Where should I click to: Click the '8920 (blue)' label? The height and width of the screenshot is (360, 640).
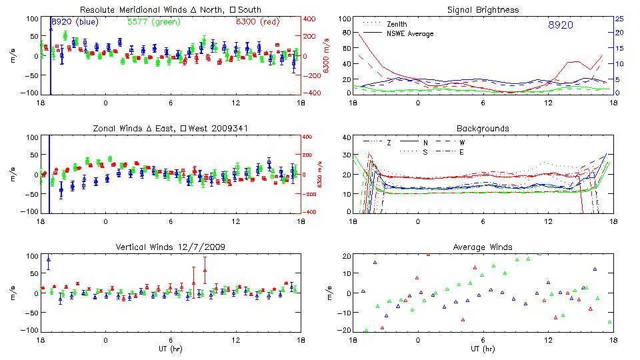pos(75,22)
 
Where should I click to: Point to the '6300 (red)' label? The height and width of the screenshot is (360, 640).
pos(258,22)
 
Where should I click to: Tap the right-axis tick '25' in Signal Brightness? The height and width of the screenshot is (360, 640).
pos(619,19)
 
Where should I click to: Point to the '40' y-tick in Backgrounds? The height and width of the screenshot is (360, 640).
pos(346,137)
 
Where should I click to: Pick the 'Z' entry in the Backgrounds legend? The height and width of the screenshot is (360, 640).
pos(389,142)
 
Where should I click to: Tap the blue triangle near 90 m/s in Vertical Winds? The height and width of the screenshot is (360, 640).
pos(49,259)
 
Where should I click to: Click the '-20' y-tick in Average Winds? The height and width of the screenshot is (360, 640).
pos(345,330)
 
